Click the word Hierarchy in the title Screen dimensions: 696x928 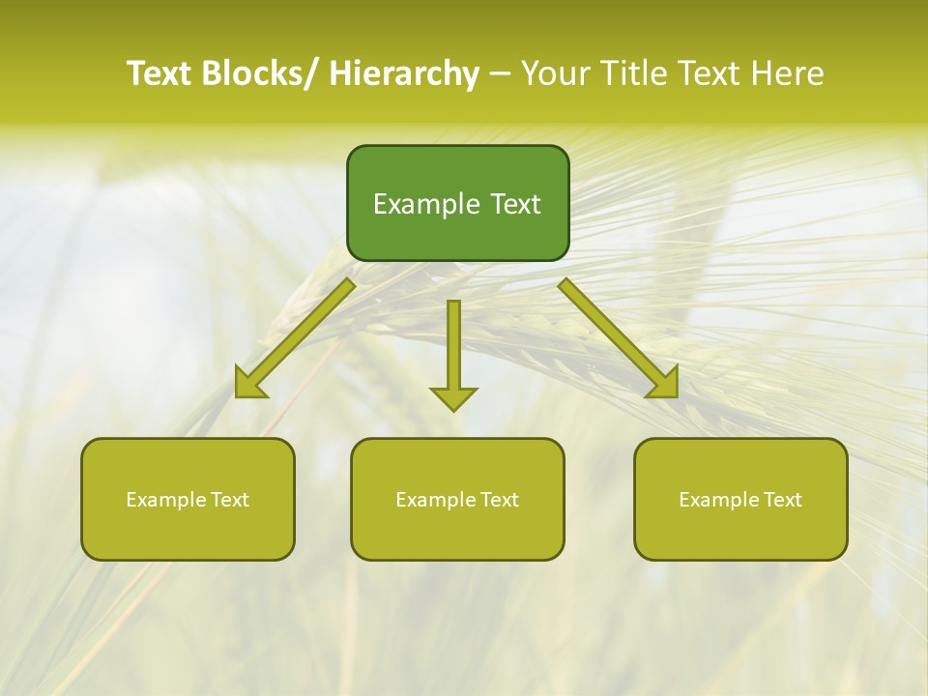404,74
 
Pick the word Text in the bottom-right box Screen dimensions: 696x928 781,500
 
